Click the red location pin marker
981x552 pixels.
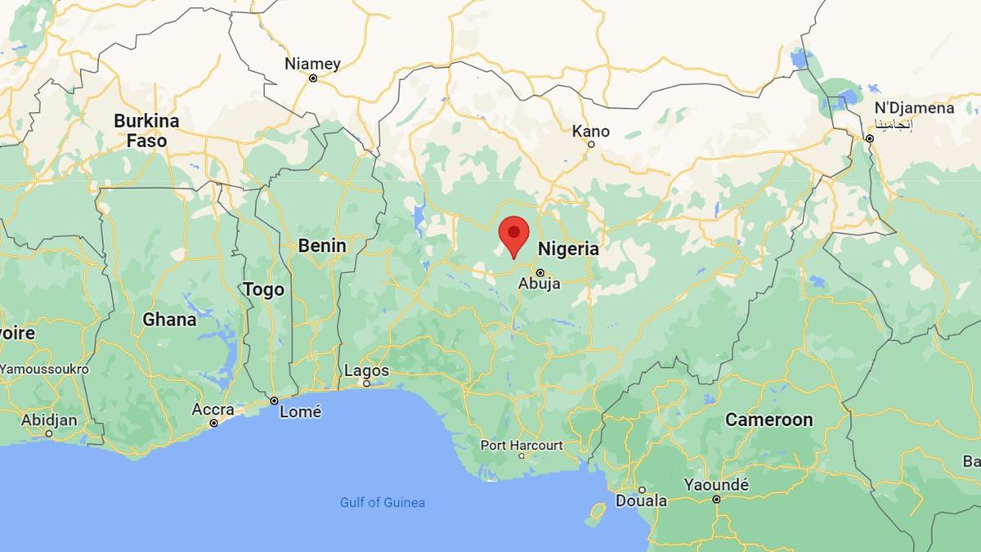(513, 234)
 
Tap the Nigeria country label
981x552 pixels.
(567, 249)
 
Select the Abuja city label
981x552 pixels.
(540, 284)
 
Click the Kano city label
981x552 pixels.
(590, 132)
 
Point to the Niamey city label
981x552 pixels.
(312, 64)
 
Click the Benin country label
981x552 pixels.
(322, 245)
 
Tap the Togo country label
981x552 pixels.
(263, 289)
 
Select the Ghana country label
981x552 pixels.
(169, 320)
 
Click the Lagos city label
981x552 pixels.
(366, 370)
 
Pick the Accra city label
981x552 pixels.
(213, 410)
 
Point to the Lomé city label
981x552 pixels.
(300, 412)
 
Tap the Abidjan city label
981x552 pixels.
(49, 420)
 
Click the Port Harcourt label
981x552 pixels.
(522, 446)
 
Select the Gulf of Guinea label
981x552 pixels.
(383, 502)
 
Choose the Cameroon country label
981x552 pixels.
(769, 420)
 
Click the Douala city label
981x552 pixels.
(641, 500)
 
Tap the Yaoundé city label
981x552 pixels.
(716, 484)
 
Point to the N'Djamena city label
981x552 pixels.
(914, 109)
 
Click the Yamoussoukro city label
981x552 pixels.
(44, 369)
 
